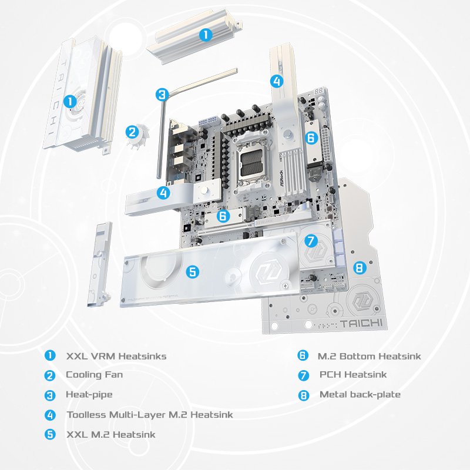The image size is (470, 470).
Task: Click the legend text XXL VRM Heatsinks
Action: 116,356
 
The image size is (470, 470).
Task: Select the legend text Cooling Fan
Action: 94,375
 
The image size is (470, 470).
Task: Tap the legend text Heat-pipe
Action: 89,395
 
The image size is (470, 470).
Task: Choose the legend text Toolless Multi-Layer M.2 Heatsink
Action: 149,415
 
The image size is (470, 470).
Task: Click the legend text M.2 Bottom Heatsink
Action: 369,356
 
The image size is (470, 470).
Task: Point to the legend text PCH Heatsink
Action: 353,375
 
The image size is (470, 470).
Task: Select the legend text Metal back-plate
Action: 360,395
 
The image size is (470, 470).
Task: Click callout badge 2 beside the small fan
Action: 132,133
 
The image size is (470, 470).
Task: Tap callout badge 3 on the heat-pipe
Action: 163,94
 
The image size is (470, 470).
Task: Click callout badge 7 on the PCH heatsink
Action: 311,240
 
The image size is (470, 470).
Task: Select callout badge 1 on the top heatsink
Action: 206,35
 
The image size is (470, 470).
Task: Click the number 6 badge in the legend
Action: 303,356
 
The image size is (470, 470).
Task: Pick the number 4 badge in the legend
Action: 51,415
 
